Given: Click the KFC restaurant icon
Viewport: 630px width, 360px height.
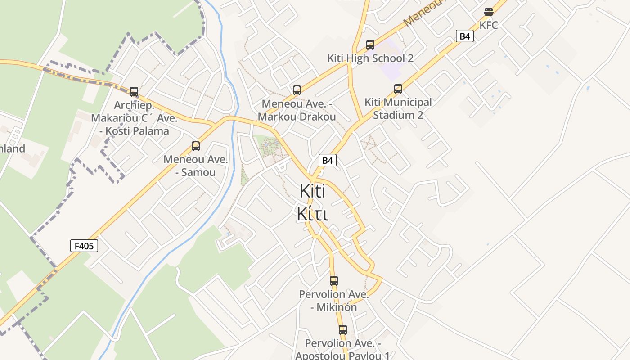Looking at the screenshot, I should pyautogui.click(x=489, y=12).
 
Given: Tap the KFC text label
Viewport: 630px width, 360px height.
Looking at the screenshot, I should pyautogui.click(x=489, y=25).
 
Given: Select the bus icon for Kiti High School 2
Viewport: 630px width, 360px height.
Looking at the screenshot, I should pyautogui.click(x=370, y=45).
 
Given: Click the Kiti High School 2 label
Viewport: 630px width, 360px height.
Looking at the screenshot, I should pyautogui.click(x=370, y=58).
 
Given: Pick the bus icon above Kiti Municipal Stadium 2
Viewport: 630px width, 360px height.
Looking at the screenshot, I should pyautogui.click(x=398, y=89).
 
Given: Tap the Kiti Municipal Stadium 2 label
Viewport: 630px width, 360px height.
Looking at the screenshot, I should pyautogui.click(x=398, y=108).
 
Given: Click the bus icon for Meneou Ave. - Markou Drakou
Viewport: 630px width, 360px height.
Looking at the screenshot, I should pyautogui.click(x=297, y=90).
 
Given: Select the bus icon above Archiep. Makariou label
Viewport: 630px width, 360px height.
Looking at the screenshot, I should pyautogui.click(x=134, y=91).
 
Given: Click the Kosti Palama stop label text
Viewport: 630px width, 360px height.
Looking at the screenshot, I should pyautogui.click(x=135, y=131).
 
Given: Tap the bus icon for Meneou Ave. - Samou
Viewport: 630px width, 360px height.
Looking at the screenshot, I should pyautogui.click(x=196, y=146).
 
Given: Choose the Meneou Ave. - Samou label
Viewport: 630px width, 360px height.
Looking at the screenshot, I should pyautogui.click(x=196, y=166).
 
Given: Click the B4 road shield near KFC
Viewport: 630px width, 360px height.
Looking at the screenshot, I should pyautogui.click(x=465, y=36).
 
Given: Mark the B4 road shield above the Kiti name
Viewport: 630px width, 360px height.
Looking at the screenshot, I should pyautogui.click(x=328, y=160).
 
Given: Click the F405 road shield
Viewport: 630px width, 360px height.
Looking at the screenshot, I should pyautogui.click(x=84, y=246).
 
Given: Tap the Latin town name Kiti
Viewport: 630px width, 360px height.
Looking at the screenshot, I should pyautogui.click(x=312, y=191).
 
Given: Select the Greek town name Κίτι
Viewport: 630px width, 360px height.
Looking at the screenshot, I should pyautogui.click(x=312, y=214).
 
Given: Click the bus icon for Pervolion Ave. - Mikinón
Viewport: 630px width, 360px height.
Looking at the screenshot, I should pyautogui.click(x=334, y=280).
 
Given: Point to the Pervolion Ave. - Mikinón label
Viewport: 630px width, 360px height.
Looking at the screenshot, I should pyautogui.click(x=334, y=301).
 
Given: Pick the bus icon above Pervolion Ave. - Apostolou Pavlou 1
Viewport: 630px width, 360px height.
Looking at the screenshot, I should pyautogui.click(x=343, y=329).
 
